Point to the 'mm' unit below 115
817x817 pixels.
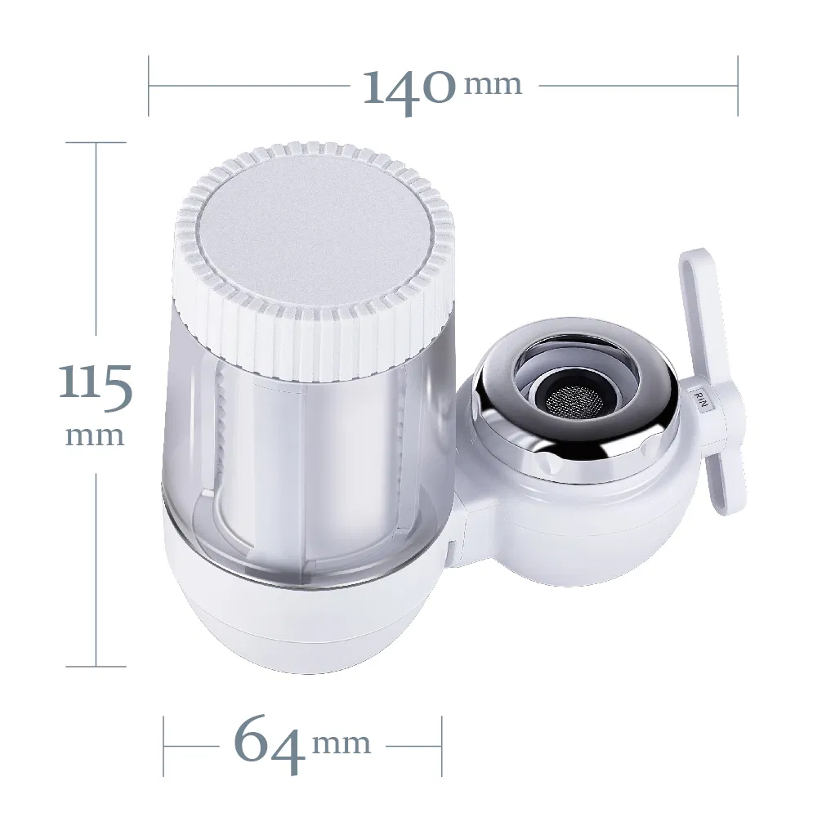click(95, 435)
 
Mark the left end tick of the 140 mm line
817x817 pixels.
click(149, 85)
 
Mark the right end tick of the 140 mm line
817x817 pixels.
click(738, 85)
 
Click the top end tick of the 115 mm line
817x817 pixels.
click(96, 142)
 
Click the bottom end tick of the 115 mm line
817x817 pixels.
click(96, 666)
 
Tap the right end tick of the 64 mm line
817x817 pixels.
click(442, 746)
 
